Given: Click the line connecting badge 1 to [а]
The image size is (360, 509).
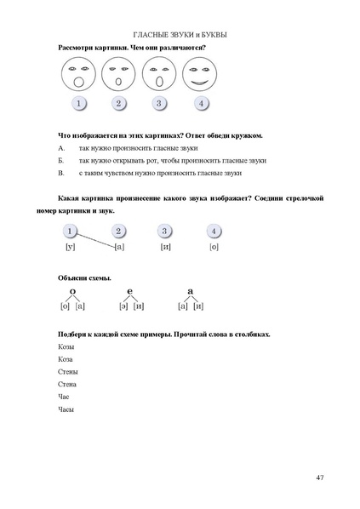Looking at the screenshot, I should (95, 239).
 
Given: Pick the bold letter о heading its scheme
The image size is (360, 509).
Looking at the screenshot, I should (72, 291).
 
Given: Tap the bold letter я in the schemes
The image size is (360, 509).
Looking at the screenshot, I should (190, 291).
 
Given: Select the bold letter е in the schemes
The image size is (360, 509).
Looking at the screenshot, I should (129, 291).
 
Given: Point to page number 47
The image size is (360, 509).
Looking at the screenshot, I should (319, 476).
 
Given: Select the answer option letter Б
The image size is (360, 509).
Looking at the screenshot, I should (61, 160).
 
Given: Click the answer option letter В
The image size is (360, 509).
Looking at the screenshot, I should (61, 173).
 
